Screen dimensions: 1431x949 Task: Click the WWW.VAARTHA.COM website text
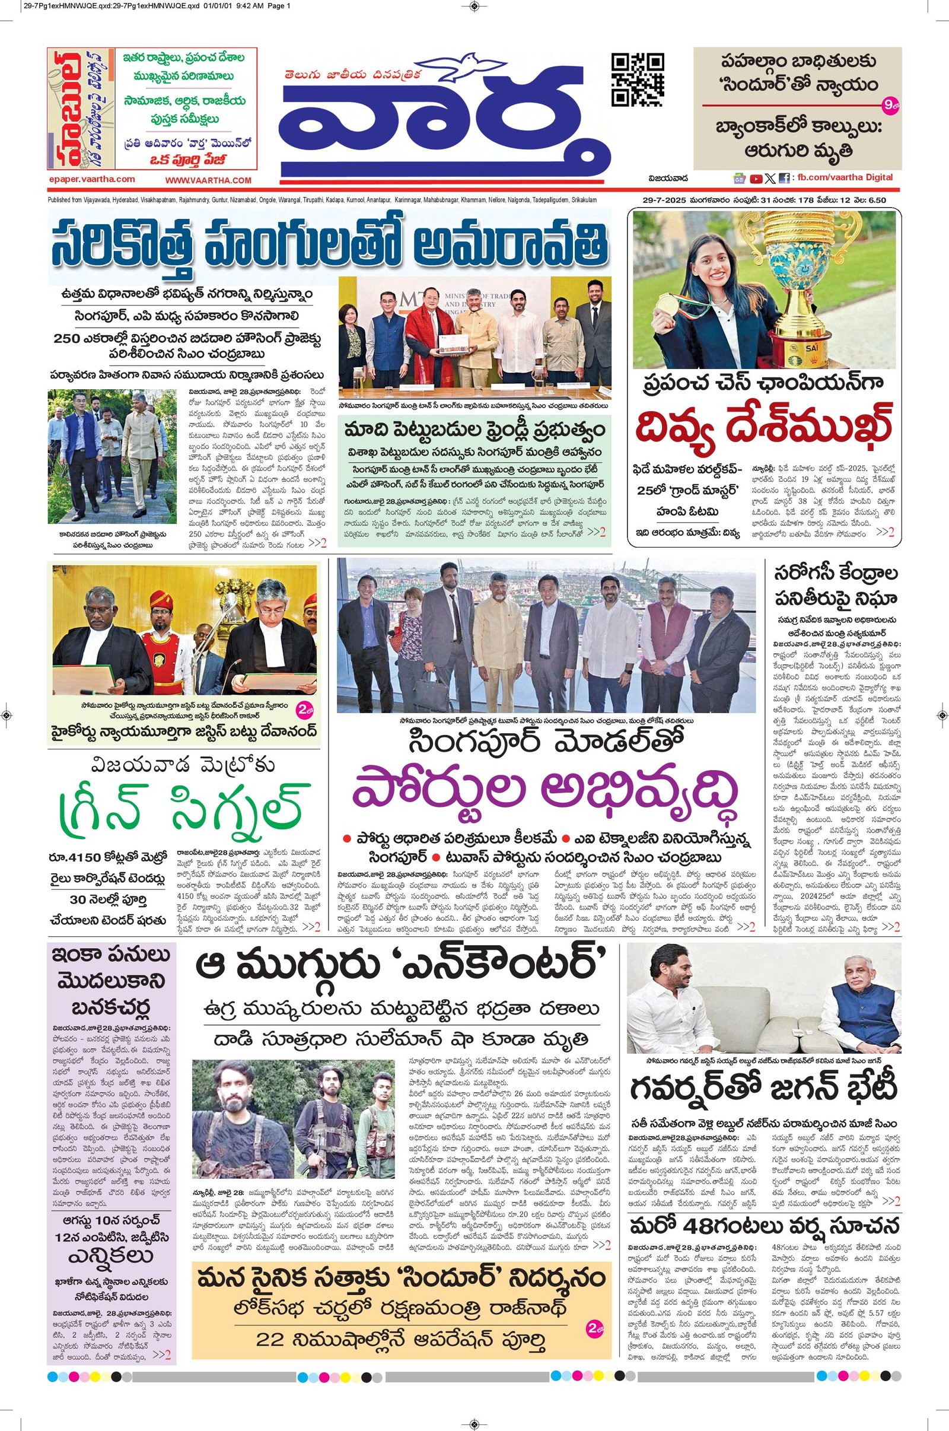point(208,180)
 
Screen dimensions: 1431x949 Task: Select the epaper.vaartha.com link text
point(92,179)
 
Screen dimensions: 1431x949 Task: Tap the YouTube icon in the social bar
point(756,179)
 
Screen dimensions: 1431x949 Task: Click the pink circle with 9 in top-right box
point(890,106)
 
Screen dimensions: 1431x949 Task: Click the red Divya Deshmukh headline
point(764,427)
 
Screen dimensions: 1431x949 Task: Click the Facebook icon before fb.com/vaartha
point(784,179)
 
